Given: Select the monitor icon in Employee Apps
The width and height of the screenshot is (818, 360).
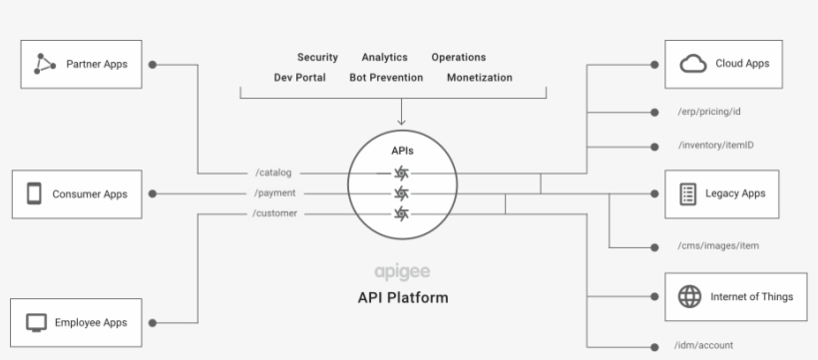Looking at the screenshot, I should [x=34, y=322].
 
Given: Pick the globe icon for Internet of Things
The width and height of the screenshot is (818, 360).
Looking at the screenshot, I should [x=689, y=296].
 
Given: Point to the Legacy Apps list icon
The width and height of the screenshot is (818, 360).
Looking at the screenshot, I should [x=687, y=192].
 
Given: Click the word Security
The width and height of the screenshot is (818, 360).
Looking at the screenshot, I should [x=317, y=58].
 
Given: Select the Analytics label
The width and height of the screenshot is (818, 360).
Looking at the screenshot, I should [x=384, y=58].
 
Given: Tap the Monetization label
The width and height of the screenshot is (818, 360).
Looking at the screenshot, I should [x=479, y=78].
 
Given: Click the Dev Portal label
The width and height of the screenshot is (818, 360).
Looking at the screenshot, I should [x=301, y=78].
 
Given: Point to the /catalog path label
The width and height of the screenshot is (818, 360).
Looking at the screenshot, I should [x=273, y=173].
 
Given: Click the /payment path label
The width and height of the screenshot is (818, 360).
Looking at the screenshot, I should [x=274, y=192].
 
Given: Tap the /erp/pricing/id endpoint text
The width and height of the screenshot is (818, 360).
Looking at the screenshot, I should [x=709, y=112].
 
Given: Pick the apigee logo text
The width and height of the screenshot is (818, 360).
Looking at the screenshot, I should [x=402, y=271].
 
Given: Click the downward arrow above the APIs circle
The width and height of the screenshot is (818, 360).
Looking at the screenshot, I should [x=401, y=112].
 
